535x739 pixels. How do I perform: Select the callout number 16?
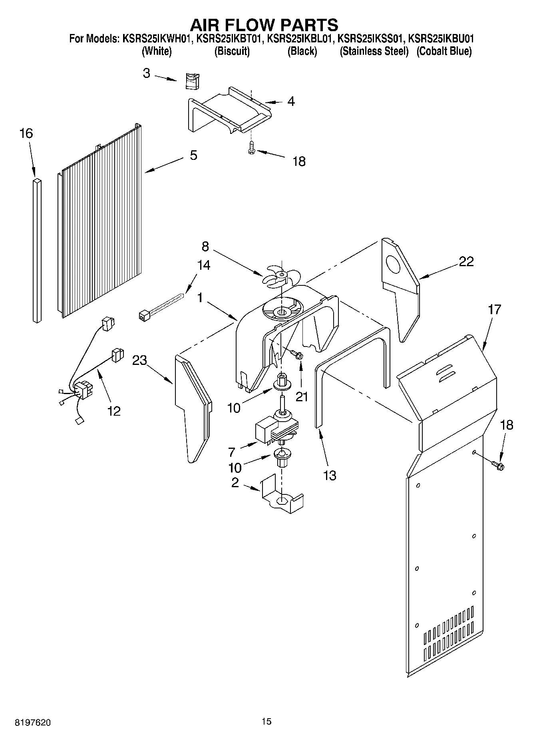[26, 133]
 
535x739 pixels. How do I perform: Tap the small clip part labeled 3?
[193, 81]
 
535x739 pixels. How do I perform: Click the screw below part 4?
[251, 147]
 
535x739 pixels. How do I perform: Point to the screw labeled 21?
[296, 354]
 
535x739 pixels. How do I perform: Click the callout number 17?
[494, 309]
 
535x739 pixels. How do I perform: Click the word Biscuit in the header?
[232, 51]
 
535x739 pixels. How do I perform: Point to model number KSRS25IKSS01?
[371, 39]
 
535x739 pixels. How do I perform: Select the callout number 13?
[330, 476]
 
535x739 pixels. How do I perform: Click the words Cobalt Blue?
[444, 51]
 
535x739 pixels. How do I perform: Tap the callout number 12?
[114, 410]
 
